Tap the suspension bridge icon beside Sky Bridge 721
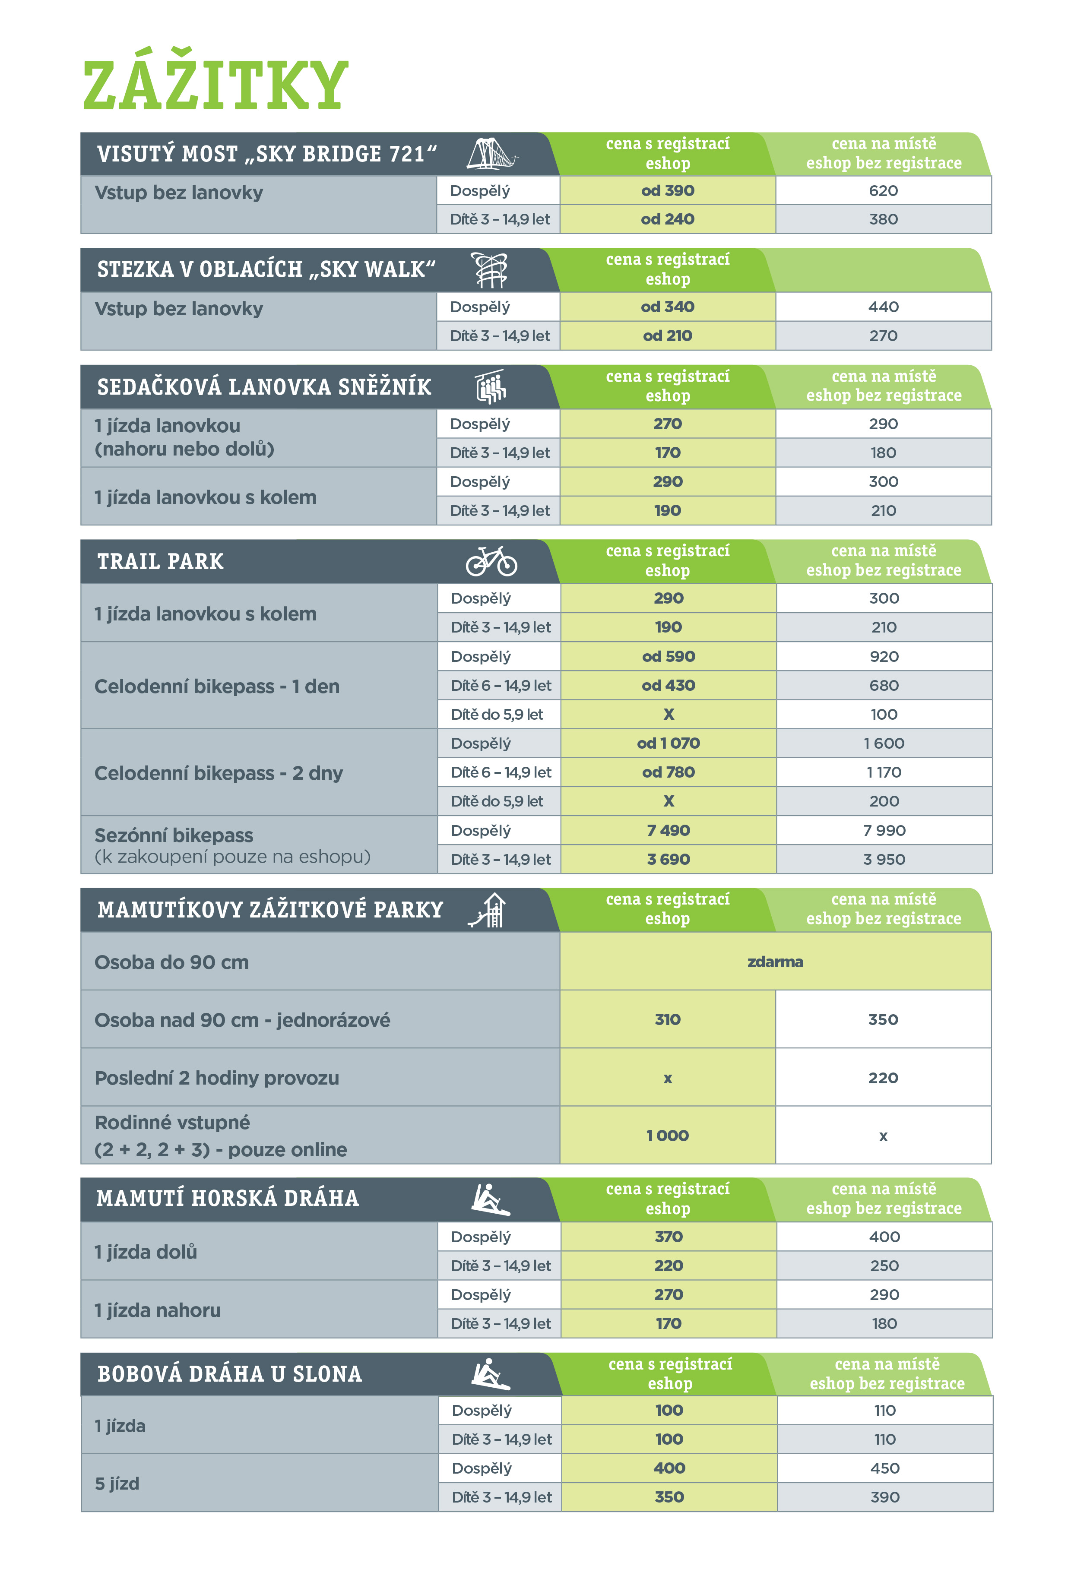(491, 154)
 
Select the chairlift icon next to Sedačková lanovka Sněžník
(491, 387)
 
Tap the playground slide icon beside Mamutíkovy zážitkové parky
(488, 910)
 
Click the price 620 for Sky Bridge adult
(883, 191)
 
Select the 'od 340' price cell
(667, 307)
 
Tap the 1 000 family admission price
(667, 1136)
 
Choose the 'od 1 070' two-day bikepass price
(668, 743)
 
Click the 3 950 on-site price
(884, 859)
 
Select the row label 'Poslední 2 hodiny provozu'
(217, 1078)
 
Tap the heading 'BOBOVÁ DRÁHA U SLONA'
(229, 1373)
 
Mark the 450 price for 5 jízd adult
(884, 1468)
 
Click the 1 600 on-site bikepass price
(884, 743)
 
